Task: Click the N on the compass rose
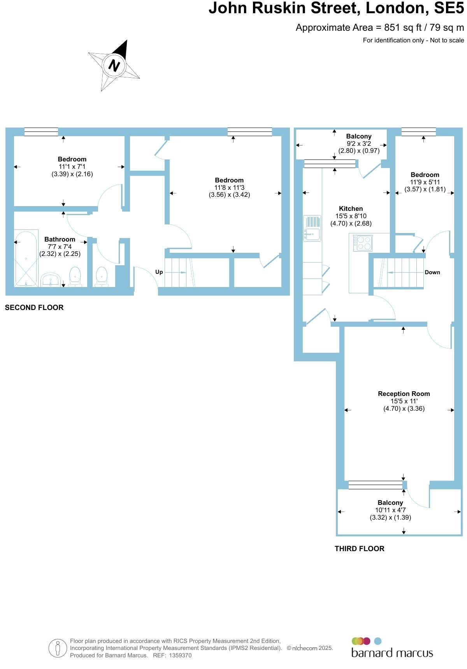(114, 65)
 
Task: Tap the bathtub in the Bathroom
(26, 257)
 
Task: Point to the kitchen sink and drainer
(312, 228)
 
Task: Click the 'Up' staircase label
(159, 272)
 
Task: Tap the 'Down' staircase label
(432, 272)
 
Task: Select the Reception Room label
(404, 394)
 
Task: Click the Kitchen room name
(351, 208)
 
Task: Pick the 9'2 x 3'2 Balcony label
(358, 136)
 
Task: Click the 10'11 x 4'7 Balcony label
(390, 503)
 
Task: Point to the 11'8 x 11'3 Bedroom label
(229, 180)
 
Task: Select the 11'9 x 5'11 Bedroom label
(425, 175)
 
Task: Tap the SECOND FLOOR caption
(34, 307)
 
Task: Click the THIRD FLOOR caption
(359, 548)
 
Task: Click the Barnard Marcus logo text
(392, 652)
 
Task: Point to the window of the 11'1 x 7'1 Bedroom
(41, 132)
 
